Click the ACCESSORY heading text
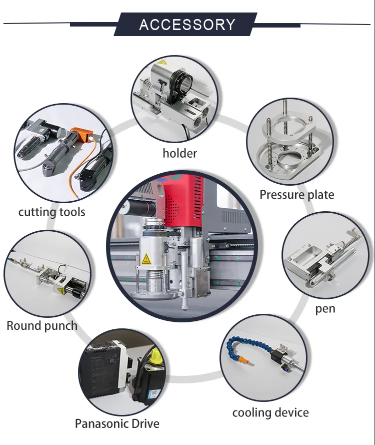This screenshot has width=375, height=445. coord(187,25)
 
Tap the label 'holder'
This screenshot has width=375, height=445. coord(180,153)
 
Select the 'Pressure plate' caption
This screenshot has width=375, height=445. coord(296,194)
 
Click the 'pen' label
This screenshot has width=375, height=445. coord(325,308)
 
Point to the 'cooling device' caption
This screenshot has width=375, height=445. coord(270,412)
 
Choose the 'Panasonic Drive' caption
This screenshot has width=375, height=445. coord(117,423)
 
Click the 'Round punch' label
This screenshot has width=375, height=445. coord(42,326)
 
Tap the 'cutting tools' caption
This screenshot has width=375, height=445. coord(51,212)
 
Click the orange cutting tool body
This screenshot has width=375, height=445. coord(80,136)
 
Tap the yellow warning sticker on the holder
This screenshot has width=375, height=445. coord(161,64)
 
